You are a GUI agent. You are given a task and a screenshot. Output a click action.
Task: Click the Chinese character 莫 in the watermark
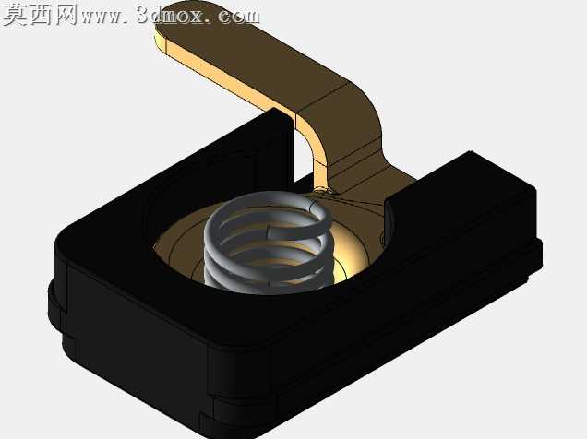pos(15,15)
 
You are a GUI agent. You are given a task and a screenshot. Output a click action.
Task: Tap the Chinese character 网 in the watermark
pos(66,15)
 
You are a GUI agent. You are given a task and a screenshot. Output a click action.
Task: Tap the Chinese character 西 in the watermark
pos(42,15)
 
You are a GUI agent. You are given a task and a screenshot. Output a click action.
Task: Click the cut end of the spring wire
pos(271,232)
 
